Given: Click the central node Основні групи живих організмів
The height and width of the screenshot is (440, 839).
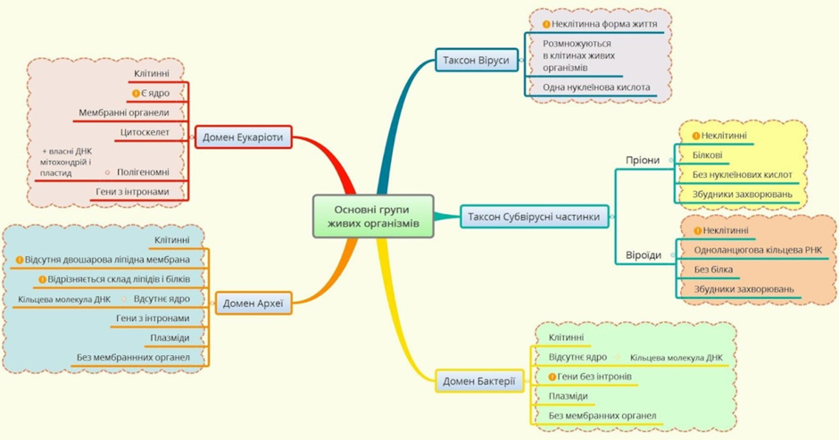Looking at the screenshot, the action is (373, 216).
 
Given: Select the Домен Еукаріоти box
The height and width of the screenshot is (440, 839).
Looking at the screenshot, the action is (243, 137).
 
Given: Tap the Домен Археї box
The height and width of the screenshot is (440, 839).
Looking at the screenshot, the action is (253, 303).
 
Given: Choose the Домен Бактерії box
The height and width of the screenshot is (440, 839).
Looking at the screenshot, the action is (479, 381).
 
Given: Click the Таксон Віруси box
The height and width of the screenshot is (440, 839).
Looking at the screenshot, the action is (477, 60).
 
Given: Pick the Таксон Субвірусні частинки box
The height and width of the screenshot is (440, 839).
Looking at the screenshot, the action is (534, 217).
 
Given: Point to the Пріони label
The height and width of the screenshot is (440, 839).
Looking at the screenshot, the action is (643, 160).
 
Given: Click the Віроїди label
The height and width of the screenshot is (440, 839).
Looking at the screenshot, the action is (644, 254).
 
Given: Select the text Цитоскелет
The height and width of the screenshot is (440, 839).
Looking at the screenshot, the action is (145, 132).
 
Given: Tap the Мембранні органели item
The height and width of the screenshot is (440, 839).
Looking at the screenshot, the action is (123, 112).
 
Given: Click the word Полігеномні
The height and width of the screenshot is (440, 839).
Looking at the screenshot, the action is (143, 172).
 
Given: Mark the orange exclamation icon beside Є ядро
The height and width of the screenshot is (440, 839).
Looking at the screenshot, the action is (136, 93).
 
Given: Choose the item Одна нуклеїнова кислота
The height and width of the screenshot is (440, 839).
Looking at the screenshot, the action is (596, 87).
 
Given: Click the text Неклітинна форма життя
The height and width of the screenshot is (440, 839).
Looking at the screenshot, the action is (604, 24).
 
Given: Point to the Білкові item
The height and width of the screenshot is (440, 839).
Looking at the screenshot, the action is (708, 155).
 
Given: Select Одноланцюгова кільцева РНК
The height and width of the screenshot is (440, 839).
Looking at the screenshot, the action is (758, 250).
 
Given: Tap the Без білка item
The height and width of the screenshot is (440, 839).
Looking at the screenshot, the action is (713, 270).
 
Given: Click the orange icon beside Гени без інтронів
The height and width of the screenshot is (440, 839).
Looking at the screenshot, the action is (552, 377).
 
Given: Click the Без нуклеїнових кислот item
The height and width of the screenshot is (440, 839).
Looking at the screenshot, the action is (742, 175).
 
